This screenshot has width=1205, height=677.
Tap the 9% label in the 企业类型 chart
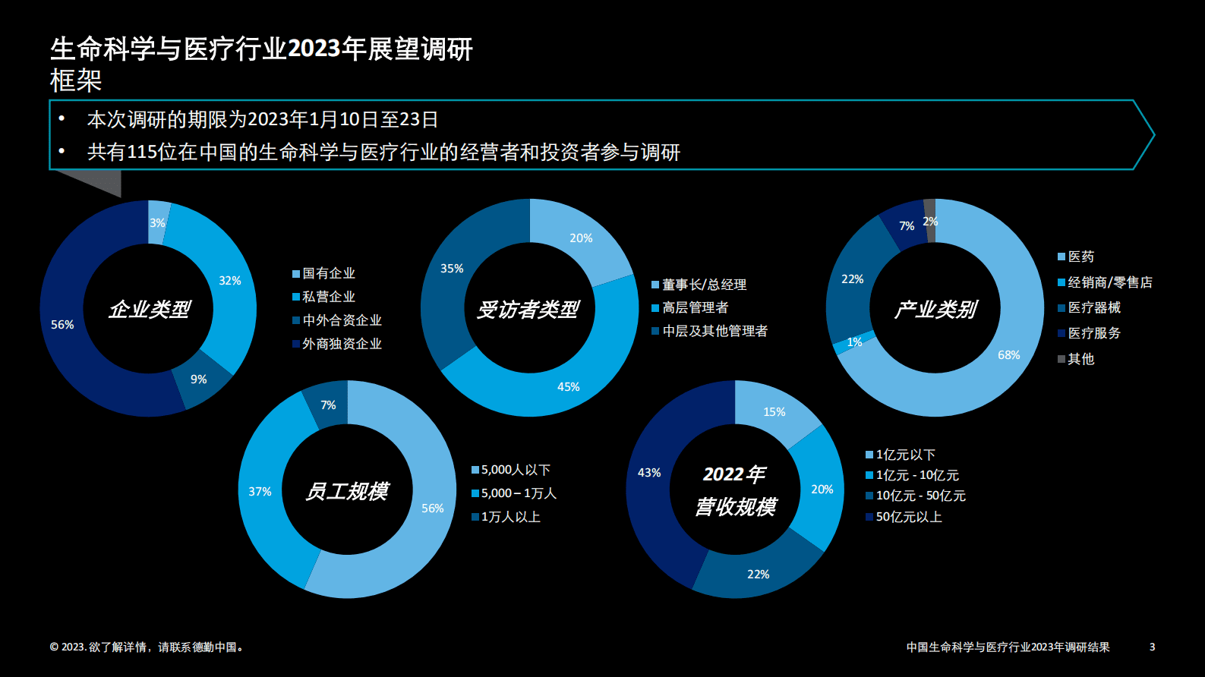coord(199,379)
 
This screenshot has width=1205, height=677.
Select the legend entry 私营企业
coord(328,297)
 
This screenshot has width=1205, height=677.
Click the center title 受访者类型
coord(528,309)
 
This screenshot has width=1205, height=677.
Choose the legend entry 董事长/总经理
coord(704,285)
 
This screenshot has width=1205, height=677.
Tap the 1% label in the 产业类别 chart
coord(854,342)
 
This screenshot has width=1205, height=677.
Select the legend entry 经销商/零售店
coord(1109,282)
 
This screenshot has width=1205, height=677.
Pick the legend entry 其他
coord(1080,359)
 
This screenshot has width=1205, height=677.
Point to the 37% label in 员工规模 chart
coord(260,492)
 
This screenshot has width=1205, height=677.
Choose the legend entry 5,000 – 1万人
coord(519,493)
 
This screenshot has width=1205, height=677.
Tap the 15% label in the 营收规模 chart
coord(774,412)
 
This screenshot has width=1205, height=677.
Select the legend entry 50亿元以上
coord(908,517)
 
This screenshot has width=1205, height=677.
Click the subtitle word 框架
coord(76,80)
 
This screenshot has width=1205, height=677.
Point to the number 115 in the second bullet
coord(142,153)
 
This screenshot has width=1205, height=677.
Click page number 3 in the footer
coord(1152,647)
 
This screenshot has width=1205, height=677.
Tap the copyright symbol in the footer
coord(54,647)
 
